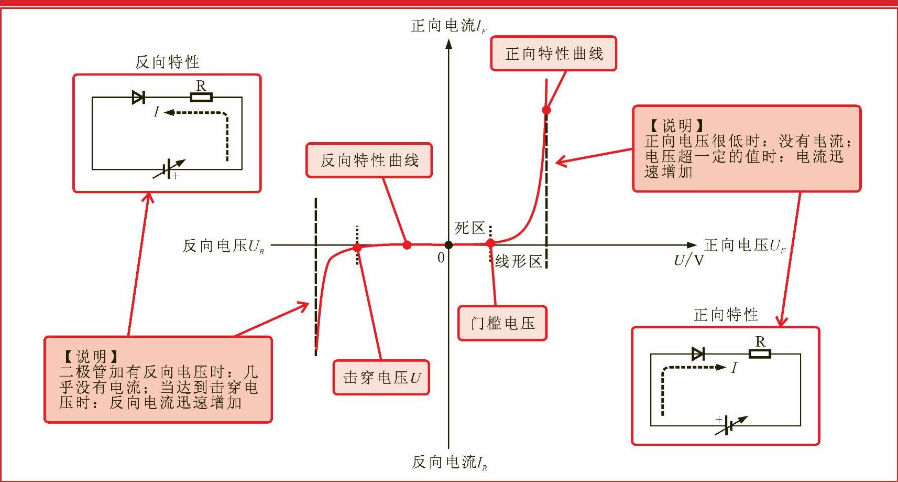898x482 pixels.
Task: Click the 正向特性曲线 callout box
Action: click(553, 53)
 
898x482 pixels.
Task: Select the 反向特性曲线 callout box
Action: click(369, 160)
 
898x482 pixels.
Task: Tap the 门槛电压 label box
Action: click(502, 323)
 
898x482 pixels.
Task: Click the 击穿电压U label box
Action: click(381, 378)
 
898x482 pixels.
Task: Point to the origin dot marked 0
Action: click(448, 245)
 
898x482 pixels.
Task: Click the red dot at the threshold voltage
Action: click(490, 243)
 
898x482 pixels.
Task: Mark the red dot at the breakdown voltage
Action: click(357, 248)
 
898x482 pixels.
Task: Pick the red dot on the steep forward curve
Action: click(546, 110)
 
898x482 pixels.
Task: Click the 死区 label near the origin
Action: click(469, 228)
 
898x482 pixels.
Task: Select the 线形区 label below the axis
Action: click(518, 261)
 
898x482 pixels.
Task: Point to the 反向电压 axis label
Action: click(223, 246)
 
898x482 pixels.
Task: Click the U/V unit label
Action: click(688, 260)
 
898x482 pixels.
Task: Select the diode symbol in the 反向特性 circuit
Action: click(138, 97)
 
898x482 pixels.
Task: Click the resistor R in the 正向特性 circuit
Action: click(760, 354)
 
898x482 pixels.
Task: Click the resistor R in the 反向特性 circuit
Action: click(201, 97)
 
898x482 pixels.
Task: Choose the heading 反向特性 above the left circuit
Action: click(167, 62)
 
